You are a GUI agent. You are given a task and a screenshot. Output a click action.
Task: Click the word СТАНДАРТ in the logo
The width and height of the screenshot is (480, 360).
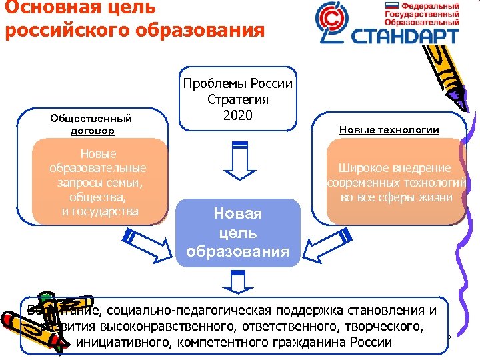(x=407, y=33)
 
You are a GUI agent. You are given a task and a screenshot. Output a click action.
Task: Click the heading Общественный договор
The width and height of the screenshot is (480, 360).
(x=91, y=125)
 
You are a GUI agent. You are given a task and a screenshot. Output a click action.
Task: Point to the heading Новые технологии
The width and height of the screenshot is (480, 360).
(x=389, y=130)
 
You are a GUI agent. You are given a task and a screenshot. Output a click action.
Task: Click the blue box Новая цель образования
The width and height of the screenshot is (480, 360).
(x=238, y=233)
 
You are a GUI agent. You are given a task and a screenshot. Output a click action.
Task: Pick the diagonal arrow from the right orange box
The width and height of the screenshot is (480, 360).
(x=326, y=247)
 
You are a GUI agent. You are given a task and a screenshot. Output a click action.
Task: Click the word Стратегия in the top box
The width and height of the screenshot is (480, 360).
(x=238, y=99)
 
